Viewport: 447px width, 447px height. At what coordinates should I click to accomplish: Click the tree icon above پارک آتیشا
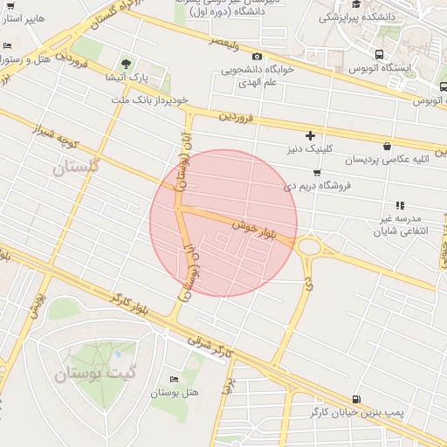pyautogui.click(x=127, y=64)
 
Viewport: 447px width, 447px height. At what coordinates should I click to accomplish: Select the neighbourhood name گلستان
pyautogui.click(x=77, y=166)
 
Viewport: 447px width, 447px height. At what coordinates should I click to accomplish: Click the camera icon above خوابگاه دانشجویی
pyautogui.click(x=257, y=57)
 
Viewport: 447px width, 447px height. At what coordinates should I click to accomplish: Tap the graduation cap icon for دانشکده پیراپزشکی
pyautogui.click(x=357, y=6)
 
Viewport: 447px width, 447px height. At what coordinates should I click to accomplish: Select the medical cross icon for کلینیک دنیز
pyautogui.click(x=310, y=135)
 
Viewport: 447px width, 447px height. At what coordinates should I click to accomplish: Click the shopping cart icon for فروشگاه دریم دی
pyautogui.click(x=316, y=173)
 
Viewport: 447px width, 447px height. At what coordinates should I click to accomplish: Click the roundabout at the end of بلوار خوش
pyautogui.click(x=310, y=247)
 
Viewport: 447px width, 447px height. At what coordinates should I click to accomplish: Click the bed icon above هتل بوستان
pyautogui.click(x=174, y=379)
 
